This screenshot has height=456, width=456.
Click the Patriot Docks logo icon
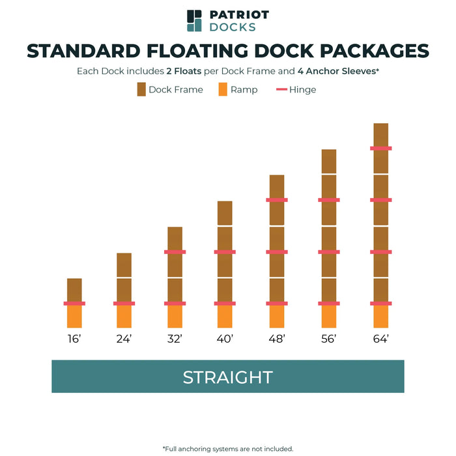pyautogui.click(x=194, y=20)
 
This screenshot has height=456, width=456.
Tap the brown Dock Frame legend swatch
pyautogui.click(x=141, y=89)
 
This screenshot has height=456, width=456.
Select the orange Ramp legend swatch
pyautogui.click(x=223, y=89)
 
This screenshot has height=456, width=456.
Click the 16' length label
pyautogui.click(x=74, y=339)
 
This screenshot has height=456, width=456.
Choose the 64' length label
pyautogui.click(x=381, y=339)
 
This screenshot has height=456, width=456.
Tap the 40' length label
pyautogui.click(x=225, y=339)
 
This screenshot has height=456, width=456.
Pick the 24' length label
pyautogui.click(x=124, y=339)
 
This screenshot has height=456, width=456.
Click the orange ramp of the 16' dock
pyautogui.click(x=74, y=317)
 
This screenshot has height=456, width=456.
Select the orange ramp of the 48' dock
pyautogui.click(x=277, y=317)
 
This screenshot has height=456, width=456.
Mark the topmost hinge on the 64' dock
pyautogui.click(x=381, y=149)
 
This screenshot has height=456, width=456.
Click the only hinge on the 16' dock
pyautogui.click(x=74, y=304)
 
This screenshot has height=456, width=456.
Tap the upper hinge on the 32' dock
pyautogui.click(x=175, y=251)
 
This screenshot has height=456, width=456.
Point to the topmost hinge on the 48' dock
pyautogui.click(x=277, y=200)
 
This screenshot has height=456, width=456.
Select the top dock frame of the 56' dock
pyautogui.click(x=329, y=161)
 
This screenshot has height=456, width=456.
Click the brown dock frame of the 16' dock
pyautogui.click(x=74, y=290)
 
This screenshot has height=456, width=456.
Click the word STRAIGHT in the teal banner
pyautogui.click(x=227, y=377)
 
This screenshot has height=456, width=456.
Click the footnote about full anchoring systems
pyautogui.click(x=227, y=448)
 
